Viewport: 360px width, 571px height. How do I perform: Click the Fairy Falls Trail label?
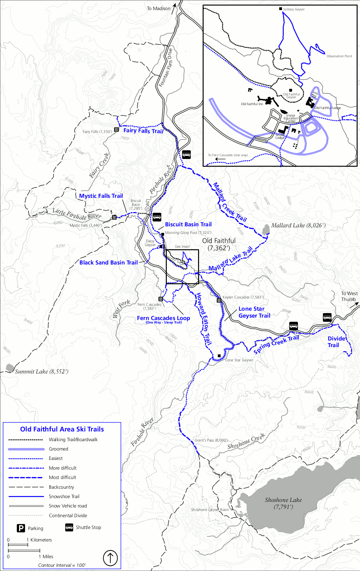point(143,131)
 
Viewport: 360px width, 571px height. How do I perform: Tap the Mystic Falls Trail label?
point(101,196)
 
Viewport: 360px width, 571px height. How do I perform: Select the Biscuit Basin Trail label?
point(188,224)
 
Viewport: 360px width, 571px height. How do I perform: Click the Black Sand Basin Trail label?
point(109,262)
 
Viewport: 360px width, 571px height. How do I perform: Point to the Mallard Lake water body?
point(266,230)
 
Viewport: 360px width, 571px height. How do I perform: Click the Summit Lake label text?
point(42,371)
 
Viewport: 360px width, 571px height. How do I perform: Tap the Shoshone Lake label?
point(283,503)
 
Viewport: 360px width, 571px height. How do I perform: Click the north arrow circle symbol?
point(110,558)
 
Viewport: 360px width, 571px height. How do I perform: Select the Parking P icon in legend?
point(21,528)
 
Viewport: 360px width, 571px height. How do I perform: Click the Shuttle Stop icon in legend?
point(69,527)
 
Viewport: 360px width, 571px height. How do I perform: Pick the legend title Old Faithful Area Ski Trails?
point(62,429)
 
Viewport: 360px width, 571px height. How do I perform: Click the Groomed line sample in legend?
point(26,449)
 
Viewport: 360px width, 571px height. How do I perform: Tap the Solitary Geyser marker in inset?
point(281,9)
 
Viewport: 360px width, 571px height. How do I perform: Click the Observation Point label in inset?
point(339,56)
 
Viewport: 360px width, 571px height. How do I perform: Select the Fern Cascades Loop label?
point(163,318)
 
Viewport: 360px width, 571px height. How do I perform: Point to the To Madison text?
point(158,8)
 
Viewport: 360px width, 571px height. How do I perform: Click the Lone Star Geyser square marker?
point(219,356)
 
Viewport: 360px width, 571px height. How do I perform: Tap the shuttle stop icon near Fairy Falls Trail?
point(187,154)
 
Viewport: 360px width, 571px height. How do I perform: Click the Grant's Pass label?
point(211,440)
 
